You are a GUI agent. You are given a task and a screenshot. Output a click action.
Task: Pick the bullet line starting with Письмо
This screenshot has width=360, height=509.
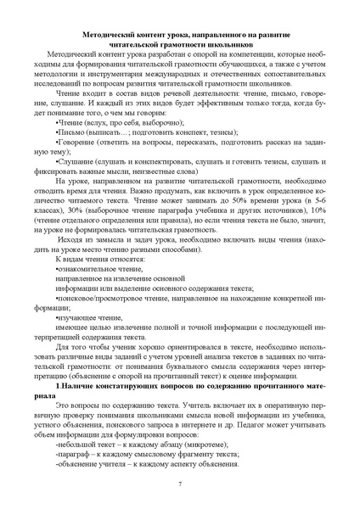(71, 132)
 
